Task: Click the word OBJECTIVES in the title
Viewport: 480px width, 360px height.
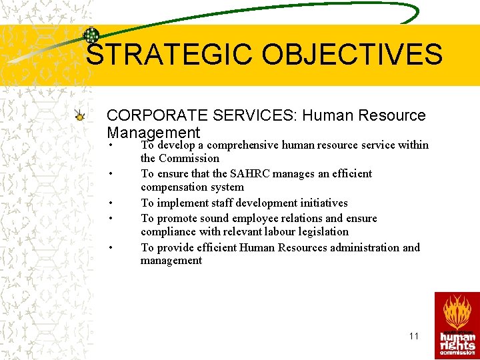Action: pos(352,55)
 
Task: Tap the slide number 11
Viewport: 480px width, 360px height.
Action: pos(414,336)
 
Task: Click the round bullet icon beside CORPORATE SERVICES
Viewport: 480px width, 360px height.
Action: pos(80,117)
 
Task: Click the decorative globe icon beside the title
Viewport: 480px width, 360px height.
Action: pos(91,35)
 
